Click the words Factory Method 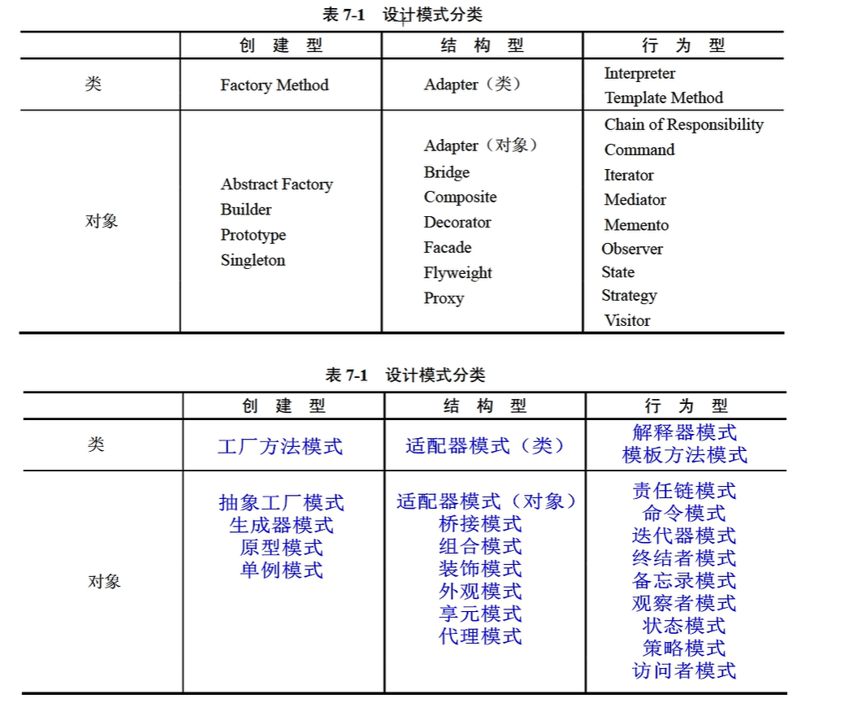274,85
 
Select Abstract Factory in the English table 276,184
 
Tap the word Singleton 253,260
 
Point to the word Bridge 446,172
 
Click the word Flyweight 457,273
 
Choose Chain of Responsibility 683,124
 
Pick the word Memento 636,225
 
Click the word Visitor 626,320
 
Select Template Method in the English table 663,98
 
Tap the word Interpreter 639,73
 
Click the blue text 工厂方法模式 280,446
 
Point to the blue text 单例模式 281,570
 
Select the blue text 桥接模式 480,524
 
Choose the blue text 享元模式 480,614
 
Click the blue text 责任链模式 684,491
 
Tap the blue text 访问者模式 684,670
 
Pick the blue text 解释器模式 684,432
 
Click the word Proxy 444,298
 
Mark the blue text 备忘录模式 684,581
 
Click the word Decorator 457,223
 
